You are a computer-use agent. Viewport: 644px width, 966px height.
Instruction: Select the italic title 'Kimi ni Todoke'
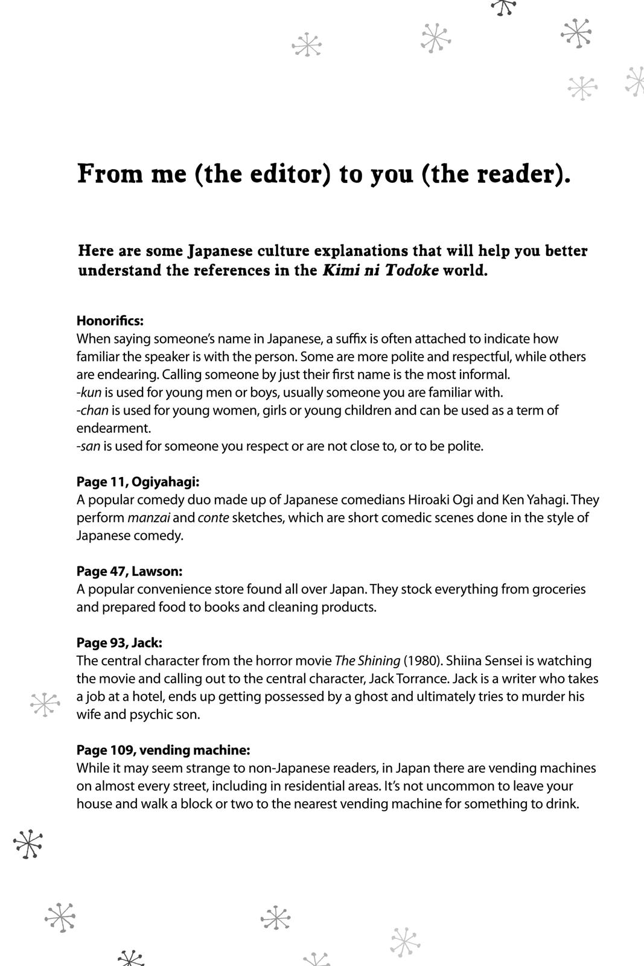tap(380, 270)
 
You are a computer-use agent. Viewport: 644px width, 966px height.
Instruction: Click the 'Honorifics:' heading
tap(110, 321)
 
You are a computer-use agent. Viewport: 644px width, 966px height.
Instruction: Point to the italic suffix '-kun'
tap(89, 392)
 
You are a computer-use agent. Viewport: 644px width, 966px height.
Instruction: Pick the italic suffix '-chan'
tap(92, 411)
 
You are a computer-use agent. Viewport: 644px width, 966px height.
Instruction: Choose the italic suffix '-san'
tap(90, 446)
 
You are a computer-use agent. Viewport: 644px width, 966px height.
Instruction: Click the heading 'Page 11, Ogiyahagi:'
tap(138, 482)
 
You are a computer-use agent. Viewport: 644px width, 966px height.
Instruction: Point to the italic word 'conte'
tap(213, 518)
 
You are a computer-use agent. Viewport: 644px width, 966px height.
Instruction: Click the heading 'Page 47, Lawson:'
tap(129, 571)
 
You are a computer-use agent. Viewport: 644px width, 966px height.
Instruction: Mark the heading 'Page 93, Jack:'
tap(120, 642)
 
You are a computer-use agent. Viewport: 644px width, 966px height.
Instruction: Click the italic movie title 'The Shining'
tap(367, 661)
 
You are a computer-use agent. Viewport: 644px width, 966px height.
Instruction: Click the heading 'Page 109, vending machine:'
tap(163, 750)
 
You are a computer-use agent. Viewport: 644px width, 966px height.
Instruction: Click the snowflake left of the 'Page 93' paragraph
tap(45, 704)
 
